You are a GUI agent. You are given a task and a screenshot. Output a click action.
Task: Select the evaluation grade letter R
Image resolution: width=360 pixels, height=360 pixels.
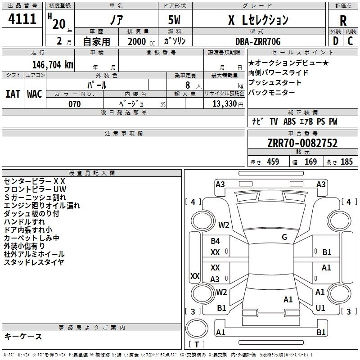click(343, 20)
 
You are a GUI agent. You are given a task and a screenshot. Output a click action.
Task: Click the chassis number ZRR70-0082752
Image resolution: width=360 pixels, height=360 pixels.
click(302, 143)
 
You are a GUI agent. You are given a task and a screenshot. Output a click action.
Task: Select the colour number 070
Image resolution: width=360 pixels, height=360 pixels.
click(74, 104)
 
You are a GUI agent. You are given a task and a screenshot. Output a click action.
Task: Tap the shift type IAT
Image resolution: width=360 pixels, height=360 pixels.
click(13, 94)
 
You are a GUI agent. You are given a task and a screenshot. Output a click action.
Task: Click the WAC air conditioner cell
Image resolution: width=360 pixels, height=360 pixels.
click(35, 94)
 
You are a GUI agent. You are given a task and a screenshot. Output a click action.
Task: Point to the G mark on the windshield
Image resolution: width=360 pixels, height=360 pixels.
click(284, 237)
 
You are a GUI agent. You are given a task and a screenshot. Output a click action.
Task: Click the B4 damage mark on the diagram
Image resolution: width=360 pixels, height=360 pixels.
click(216, 241)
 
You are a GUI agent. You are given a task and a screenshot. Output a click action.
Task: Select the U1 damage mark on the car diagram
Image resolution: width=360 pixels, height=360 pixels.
click(320, 308)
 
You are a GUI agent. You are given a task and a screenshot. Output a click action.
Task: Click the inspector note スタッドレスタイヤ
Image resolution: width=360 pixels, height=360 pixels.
click(34, 262)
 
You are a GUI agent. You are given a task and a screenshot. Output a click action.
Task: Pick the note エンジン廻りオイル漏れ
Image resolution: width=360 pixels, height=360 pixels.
click(42, 206)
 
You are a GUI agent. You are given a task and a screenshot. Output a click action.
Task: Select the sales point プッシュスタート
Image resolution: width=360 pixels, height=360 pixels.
click(275, 83)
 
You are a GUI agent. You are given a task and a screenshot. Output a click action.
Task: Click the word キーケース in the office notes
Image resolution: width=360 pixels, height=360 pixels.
click(23, 337)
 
